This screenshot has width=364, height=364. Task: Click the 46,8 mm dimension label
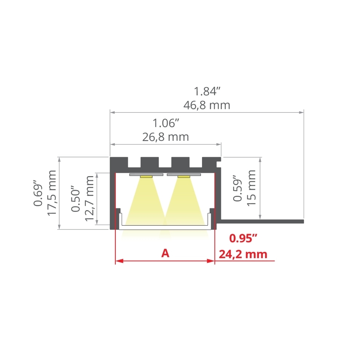click(x=207, y=106)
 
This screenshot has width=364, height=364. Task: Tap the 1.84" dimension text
click(x=207, y=91)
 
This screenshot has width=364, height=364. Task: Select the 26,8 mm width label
click(x=166, y=137)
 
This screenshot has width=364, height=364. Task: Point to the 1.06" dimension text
click(x=166, y=123)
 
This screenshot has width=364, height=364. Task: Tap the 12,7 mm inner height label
click(x=90, y=199)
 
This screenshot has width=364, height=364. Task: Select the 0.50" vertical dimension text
click(x=75, y=199)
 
